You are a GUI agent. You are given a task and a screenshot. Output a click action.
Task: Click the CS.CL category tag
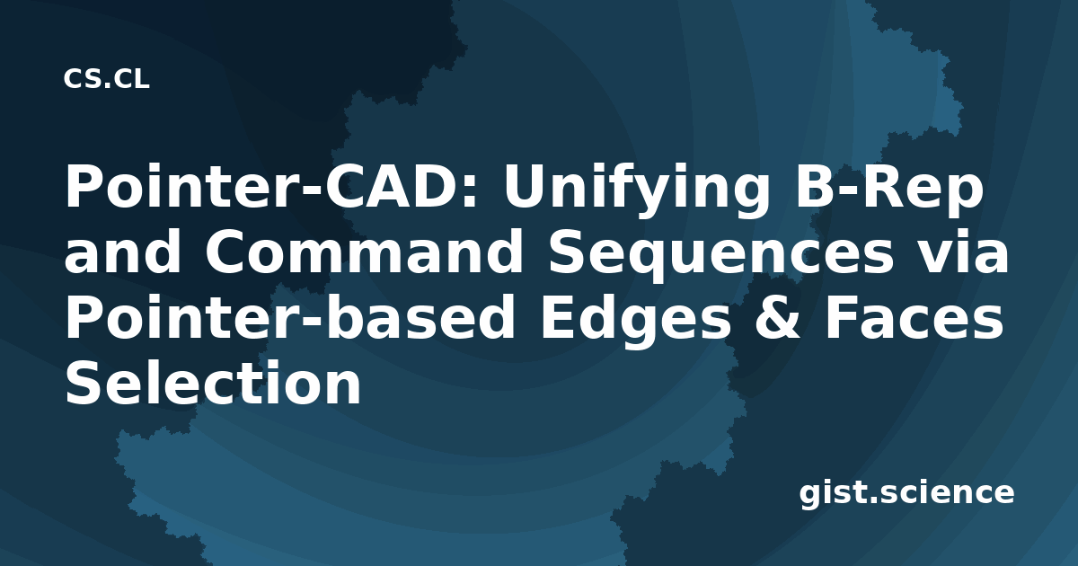coord(106,79)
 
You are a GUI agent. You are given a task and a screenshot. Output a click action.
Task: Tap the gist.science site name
coord(906,494)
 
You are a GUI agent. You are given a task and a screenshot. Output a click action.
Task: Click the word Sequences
coord(720,256)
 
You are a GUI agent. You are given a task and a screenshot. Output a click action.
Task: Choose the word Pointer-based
coord(289,317)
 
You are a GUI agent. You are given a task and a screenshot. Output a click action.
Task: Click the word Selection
coord(213,382)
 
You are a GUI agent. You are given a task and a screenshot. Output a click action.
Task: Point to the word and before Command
coord(122,252)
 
